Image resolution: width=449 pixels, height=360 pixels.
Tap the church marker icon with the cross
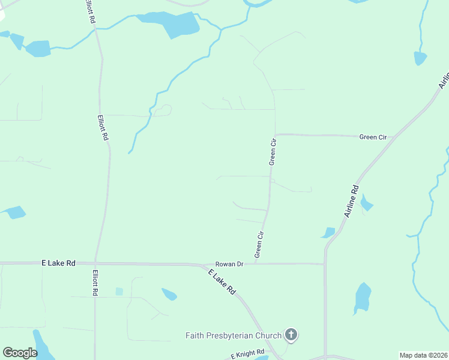coord(291,335)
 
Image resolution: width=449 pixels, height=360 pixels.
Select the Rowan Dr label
coord(230,264)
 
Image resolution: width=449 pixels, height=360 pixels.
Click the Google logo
coord(20,352)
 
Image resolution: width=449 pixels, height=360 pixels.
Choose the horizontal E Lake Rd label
coord(59,263)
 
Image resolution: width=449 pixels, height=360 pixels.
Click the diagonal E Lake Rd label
coord(222,282)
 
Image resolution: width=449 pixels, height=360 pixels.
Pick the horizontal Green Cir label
coord(373,137)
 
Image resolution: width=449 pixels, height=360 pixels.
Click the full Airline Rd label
coord(351,201)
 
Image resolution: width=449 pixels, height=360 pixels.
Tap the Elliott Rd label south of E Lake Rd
coord(95,283)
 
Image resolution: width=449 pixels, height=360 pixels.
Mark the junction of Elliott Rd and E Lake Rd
coord(95,263)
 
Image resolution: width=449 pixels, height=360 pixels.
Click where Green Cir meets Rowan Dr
coord(256,263)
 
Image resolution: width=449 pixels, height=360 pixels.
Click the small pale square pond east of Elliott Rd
coord(119,291)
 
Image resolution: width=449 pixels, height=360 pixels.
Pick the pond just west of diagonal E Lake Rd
coord(169,294)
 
